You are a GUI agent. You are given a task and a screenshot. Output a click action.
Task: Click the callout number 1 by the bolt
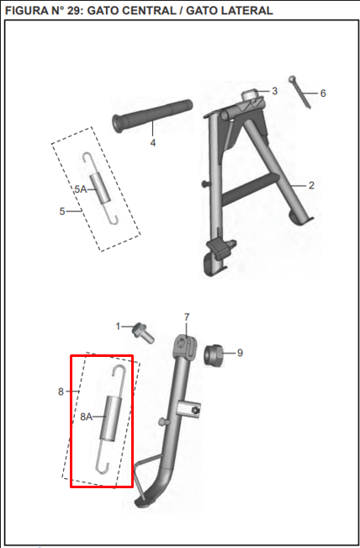click(x=118, y=327)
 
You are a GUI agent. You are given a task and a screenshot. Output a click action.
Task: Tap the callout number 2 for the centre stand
click(x=311, y=185)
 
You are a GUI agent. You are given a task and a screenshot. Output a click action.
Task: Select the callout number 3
click(x=275, y=91)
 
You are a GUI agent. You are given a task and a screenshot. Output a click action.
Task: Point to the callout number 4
click(x=153, y=142)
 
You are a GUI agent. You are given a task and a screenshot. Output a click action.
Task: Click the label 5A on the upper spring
click(x=81, y=189)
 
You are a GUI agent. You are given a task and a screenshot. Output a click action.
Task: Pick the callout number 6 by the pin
click(x=323, y=93)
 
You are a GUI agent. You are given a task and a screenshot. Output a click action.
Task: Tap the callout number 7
click(x=187, y=317)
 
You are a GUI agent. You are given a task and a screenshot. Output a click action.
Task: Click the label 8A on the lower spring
click(x=87, y=417)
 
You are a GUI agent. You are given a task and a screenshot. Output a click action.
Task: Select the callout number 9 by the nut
click(x=240, y=353)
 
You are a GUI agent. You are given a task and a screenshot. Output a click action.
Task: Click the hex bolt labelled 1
click(x=143, y=333)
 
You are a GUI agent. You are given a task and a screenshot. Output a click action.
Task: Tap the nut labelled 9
click(x=213, y=355)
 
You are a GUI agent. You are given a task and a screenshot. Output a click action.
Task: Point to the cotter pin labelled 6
click(x=300, y=93)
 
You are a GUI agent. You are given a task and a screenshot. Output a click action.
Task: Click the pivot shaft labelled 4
click(x=152, y=116)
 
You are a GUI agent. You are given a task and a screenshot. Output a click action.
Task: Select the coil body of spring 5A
click(x=100, y=189)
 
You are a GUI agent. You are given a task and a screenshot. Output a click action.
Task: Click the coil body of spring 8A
click(x=110, y=418)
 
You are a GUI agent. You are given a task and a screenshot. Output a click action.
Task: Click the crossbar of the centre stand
click(x=250, y=189)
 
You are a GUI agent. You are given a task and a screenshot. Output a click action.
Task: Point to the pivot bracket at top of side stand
click(x=185, y=345)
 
